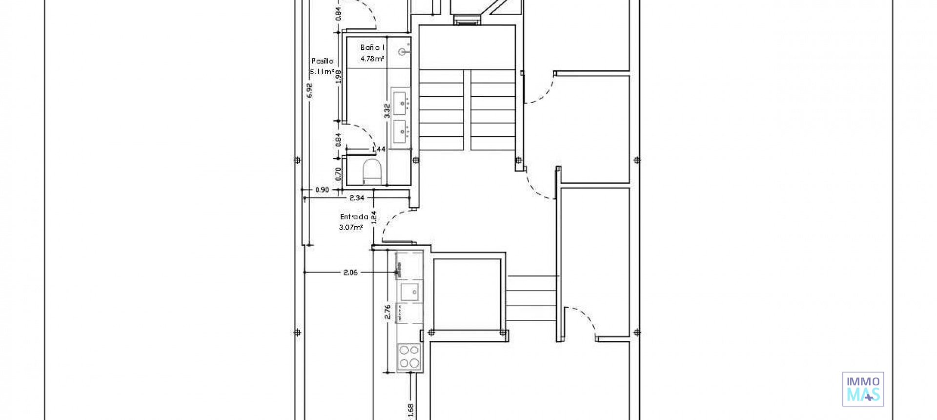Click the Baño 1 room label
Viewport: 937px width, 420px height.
373,47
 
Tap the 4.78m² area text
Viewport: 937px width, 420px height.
372,59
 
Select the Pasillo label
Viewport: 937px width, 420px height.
323,61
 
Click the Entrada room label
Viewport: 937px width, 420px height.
354,217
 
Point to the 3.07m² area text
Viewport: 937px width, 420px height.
351,227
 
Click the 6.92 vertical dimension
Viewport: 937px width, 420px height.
309,91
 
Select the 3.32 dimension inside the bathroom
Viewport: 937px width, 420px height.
387,111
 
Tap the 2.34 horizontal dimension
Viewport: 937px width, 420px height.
357,198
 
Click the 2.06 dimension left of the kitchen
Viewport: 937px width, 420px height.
350,273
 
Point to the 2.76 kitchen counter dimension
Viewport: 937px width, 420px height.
387,312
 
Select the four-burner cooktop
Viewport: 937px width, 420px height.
409,356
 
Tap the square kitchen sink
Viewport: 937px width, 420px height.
409,292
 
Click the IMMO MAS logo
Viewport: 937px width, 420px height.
863,389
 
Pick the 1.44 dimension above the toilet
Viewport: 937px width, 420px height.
379,149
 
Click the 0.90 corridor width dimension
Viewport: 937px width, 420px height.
322,190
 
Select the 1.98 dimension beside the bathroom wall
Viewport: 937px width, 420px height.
338,77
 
